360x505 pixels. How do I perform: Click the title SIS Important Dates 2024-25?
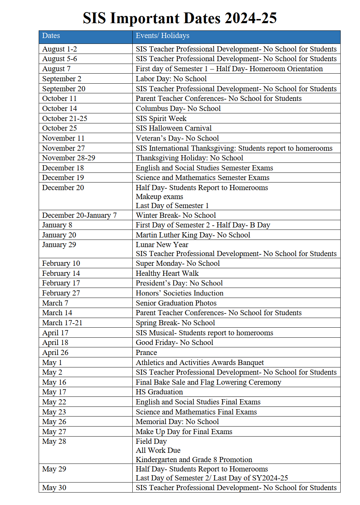tap(180, 18)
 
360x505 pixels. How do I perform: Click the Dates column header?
tap(51, 36)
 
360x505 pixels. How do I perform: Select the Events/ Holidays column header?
tap(162, 36)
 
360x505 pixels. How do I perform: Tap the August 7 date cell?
tap(56, 69)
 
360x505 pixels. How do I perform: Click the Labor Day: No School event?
tap(171, 79)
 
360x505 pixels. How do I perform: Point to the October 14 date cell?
tap(59, 109)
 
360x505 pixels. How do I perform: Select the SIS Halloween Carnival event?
tap(173, 128)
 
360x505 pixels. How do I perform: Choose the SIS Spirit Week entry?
tap(161, 119)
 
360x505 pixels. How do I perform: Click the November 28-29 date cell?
tap(68, 158)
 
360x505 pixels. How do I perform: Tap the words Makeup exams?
tap(159, 197)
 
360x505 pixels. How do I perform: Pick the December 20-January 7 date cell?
tap(79, 215)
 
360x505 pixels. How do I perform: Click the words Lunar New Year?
tap(162, 245)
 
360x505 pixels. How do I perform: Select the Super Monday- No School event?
tap(178, 263)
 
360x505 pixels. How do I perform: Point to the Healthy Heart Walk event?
tap(167, 273)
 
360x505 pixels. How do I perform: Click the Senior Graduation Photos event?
tap(176, 303)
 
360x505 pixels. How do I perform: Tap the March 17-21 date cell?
tap(62, 323)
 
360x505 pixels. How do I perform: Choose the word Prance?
tap(146, 353)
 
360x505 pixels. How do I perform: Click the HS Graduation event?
tap(159, 392)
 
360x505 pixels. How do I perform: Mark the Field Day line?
tap(151, 441)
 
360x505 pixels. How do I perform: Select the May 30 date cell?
tap(54, 488)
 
